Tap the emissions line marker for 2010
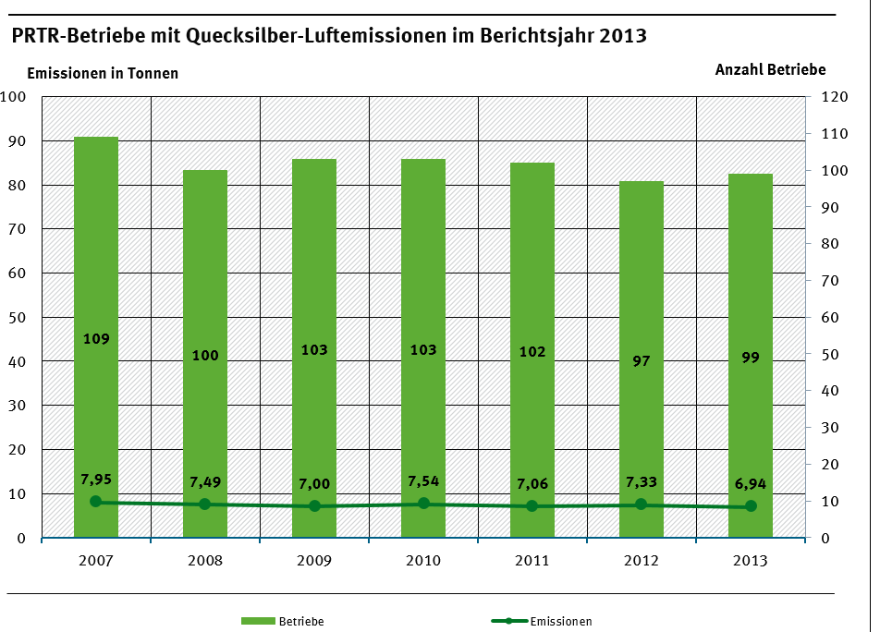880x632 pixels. pos(423,504)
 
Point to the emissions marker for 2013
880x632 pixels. pos(751,506)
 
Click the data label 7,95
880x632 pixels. pos(96,479)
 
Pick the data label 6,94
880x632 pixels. pos(751,483)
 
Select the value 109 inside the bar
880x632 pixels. pos(96,339)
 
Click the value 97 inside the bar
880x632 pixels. pos(642,361)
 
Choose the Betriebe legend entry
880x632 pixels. pos(283,622)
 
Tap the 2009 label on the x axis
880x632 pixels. pos(314,561)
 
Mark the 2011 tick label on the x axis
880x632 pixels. pos(532,561)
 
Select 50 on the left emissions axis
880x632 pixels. pos(18,318)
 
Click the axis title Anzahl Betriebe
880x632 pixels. pos(770,69)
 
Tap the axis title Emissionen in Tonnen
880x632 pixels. pos(103,73)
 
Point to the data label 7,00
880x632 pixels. pos(314,484)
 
